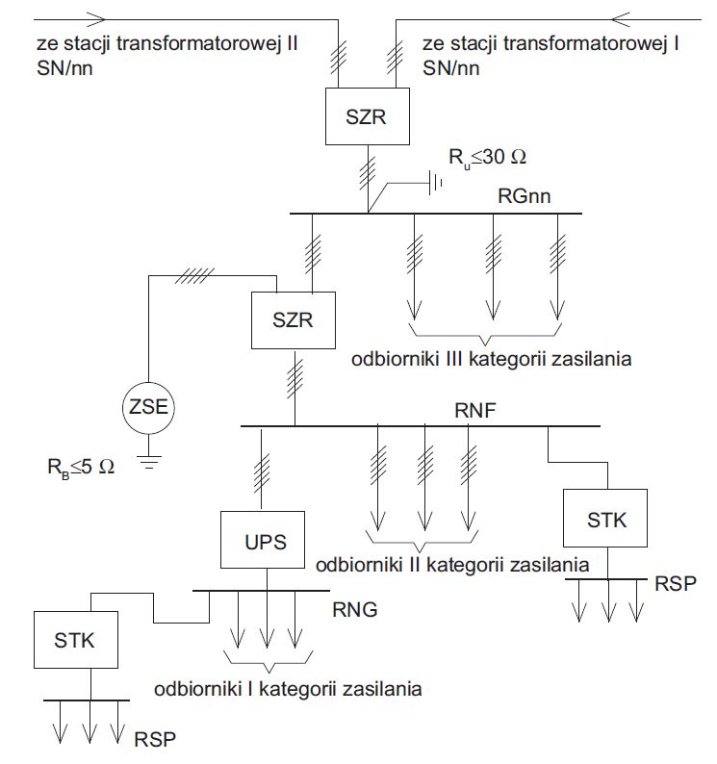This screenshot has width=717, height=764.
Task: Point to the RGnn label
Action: [x=524, y=196]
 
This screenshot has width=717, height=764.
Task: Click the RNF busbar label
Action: [x=474, y=410]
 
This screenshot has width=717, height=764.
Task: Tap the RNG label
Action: [x=355, y=609]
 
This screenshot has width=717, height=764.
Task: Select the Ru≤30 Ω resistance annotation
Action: [x=487, y=158]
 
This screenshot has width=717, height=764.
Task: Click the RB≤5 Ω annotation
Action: [x=81, y=468]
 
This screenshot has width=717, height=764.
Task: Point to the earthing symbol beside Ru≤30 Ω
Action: [x=435, y=183]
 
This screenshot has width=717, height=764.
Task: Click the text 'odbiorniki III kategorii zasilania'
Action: [x=492, y=359]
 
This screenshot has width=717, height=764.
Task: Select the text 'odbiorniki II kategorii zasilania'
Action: [x=452, y=565]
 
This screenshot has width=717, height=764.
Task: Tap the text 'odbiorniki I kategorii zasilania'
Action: [x=288, y=689]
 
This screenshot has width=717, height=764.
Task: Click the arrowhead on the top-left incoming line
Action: [x=96, y=19]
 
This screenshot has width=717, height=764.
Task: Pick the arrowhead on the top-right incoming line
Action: [x=621, y=19]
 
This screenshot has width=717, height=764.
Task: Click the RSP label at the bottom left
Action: [x=155, y=740]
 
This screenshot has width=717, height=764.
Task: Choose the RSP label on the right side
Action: [x=675, y=583]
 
